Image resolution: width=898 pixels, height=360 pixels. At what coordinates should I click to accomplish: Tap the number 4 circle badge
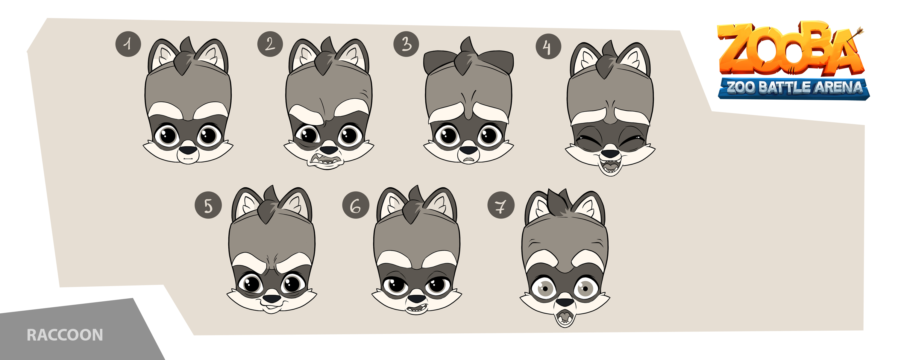point(548,46)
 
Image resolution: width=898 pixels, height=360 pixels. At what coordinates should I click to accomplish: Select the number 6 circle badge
point(356,205)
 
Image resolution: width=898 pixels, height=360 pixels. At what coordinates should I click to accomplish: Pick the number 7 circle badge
point(501,205)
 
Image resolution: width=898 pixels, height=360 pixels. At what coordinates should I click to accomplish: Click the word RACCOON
point(65,335)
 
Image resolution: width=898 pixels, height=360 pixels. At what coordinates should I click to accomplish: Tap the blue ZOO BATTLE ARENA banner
point(794,88)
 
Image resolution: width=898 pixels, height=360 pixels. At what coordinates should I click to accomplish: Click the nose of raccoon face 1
point(188,150)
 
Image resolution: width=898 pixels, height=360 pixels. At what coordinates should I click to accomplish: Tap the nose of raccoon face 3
point(468,150)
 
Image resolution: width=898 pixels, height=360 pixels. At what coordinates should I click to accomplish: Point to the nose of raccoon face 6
point(416,299)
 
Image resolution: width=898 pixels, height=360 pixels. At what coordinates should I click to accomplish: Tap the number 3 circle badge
point(406,44)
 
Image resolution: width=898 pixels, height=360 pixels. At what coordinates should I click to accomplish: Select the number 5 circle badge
point(208,205)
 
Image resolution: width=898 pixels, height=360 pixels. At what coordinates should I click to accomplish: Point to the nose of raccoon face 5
point(271,299)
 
